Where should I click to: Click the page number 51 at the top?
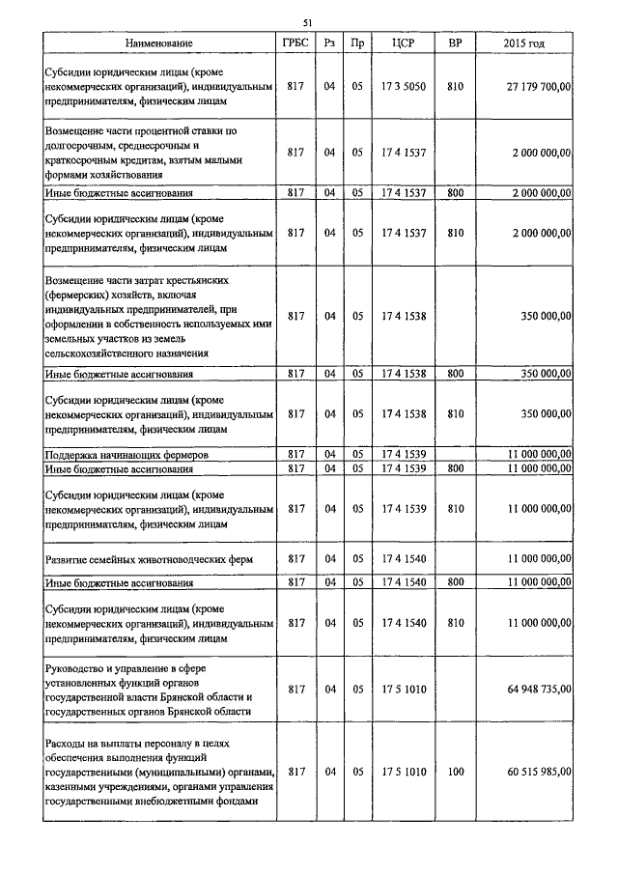tap(307, 22)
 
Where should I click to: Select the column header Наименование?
tap(159, 43)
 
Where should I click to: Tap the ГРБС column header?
tap(295, 43)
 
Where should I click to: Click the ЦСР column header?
tap(404, 43)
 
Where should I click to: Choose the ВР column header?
tap(456, 43)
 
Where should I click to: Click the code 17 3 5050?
tap(404, 87)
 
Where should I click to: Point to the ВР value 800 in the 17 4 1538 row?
tap(456, 373)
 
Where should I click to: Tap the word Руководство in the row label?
tap(77, 668)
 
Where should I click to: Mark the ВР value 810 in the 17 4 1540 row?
tap(456, 623)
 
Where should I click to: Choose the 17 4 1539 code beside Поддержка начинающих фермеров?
tap(404, 453)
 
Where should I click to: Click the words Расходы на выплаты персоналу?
tap(120, 744)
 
